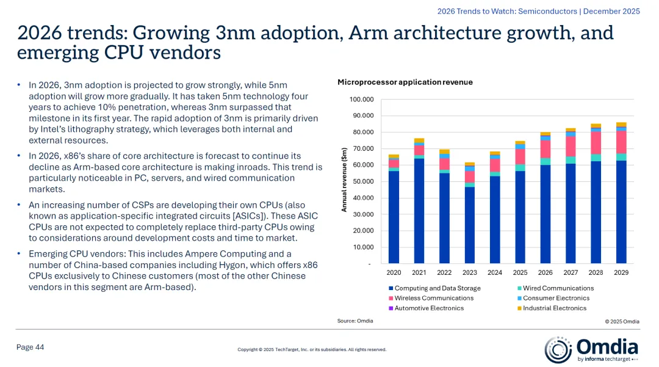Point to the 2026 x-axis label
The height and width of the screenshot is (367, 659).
point(545,272)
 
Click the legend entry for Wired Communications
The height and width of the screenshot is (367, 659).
point(558,288)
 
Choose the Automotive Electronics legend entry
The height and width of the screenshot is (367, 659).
point(429,308)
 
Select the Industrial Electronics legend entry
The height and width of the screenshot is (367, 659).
point(555,308)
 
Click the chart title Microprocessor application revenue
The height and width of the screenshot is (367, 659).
point(405,82)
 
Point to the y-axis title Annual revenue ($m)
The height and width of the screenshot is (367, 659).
point(344,181)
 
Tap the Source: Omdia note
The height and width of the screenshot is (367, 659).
point(355,321)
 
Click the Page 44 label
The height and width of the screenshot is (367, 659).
point(30,347)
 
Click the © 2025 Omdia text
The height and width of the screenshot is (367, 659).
point(622,321)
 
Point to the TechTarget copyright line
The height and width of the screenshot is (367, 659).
point(312,350)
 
